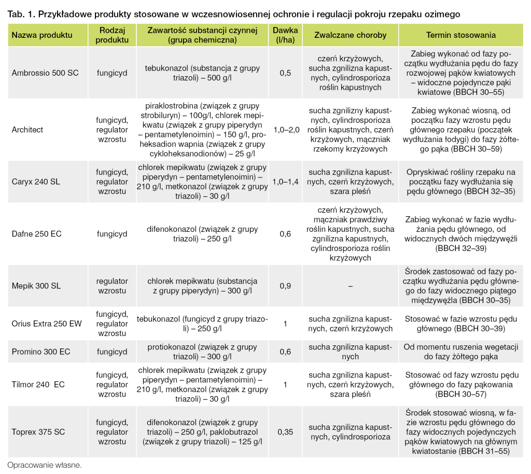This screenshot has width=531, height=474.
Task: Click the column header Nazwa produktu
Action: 42,35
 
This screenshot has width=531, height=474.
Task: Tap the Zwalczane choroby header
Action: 350,35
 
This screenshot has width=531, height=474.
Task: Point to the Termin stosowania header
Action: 460,35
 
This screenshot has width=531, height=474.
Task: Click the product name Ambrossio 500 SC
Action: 45,73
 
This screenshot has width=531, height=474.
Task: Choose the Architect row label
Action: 27,130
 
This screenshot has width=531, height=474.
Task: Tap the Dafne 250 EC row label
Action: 36,234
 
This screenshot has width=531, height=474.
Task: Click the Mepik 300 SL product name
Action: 36,286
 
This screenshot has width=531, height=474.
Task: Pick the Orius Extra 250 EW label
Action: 47,324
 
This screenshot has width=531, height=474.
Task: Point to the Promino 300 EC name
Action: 41,352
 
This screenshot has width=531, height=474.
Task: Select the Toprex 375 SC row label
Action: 38,431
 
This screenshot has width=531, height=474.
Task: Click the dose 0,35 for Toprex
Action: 285,431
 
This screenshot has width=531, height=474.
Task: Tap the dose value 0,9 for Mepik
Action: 285,286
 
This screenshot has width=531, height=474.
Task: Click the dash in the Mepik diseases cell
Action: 350,286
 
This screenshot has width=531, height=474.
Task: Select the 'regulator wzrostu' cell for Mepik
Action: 111,286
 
